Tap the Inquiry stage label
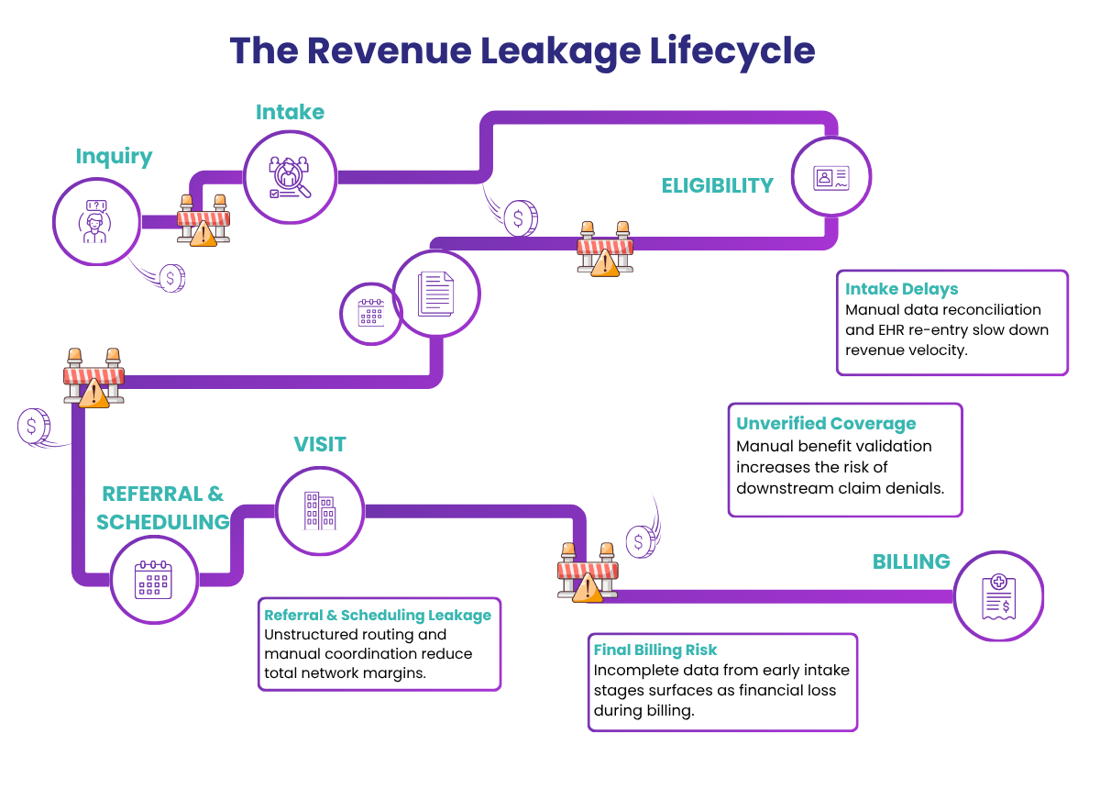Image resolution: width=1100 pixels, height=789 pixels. pos(114,156)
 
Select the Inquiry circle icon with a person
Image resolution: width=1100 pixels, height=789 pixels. pos(95,220)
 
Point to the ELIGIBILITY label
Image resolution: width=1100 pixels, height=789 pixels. pos(717,184)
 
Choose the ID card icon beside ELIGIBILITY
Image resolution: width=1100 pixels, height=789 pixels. pos(831,178)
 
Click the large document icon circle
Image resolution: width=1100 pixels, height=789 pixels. pos(436,294)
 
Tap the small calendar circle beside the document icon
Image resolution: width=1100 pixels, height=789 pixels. pos(371,313)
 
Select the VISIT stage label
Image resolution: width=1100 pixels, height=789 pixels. pos(320,444)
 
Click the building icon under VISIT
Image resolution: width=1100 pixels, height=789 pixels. pos(320,510)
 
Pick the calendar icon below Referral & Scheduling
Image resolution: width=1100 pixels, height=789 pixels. pos(154,580)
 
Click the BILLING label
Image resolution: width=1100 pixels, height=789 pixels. pos(911,561)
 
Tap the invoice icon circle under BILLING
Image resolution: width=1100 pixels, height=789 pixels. pos(997,595)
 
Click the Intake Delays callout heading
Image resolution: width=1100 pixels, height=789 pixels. pos(901,290)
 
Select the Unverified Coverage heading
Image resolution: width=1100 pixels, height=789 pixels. pos(826,424)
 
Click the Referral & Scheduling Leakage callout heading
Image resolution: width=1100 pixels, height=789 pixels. pos(378,615)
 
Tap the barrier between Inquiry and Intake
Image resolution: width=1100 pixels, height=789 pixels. pos(203,221)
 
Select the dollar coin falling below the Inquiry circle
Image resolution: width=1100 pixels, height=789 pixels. pos(171,277)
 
